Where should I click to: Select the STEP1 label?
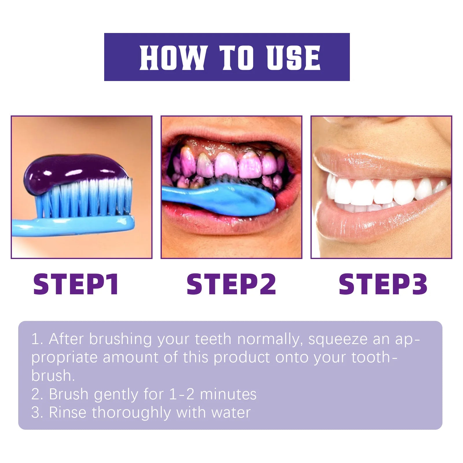click(76, 284)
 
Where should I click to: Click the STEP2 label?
click(231, 284)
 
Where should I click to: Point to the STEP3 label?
click(383, 284)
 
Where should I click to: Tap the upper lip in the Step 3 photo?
click(376, 162)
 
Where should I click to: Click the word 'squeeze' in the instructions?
click(338, 339)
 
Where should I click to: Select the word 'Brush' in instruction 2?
click(69, 394)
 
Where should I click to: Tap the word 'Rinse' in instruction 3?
click(68, 412)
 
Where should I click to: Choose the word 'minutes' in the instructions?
click(228, 394)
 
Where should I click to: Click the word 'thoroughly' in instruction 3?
click(131, 412)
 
